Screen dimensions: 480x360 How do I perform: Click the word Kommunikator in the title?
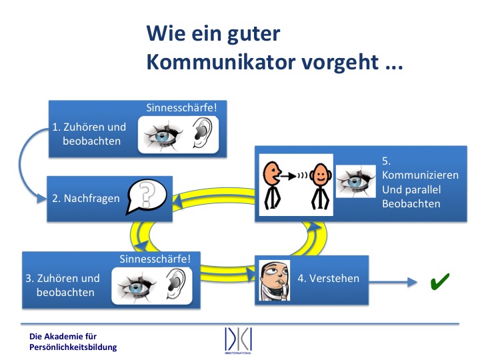(x=221, y=63)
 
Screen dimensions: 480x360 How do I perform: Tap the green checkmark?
(x=439, y=281)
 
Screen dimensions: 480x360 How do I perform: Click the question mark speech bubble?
(x=146, y=197)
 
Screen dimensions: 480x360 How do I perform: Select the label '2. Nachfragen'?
(x=86, y=199)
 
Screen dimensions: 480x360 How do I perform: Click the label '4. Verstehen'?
(x=329, y=278)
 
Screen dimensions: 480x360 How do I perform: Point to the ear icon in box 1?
(x=202, y=133)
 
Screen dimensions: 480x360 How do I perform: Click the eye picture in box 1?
(x=163, y=135)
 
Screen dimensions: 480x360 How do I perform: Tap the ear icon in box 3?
(x=175, y=284)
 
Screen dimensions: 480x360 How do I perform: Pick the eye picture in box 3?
(x=137, y=287)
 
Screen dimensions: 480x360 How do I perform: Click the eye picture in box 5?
(x=356, y=181)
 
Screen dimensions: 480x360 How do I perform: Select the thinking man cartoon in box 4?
(x=274, y=281)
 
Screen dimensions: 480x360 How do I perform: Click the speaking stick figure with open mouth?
(x=272, y=185)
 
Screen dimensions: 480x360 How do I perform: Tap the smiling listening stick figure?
(x=320, y=186)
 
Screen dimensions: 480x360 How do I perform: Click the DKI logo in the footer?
(x=238, y=341)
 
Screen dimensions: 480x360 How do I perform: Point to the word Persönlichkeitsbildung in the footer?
(x=73, y=347)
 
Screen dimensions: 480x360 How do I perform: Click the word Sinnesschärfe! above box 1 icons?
(x=181, y=108)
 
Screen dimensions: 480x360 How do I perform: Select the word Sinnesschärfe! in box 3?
(x=155, y=259)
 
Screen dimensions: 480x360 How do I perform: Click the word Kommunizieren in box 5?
(x=420, y=175)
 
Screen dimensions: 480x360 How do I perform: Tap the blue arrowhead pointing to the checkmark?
(x=412, y=281)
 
